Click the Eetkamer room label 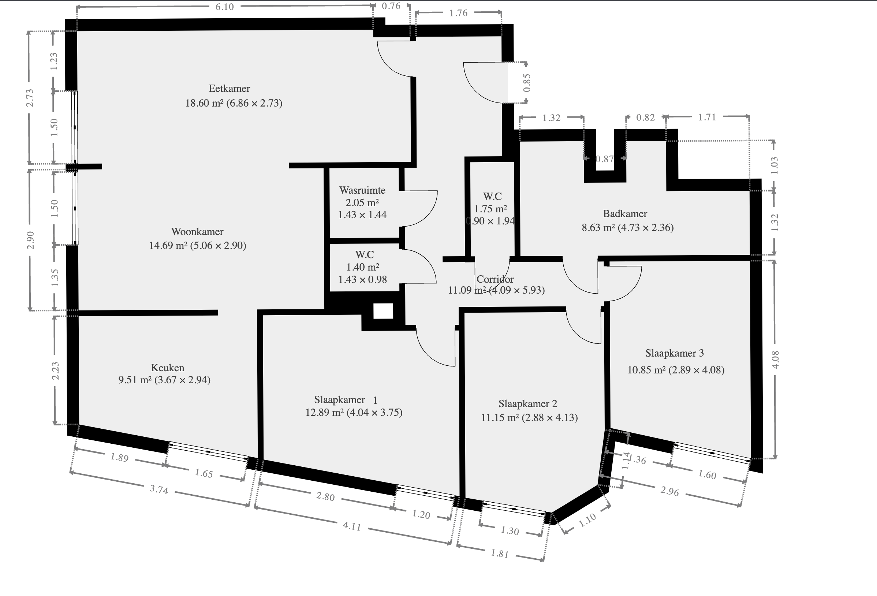[229, 89]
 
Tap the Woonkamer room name [197, 231]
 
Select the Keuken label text [168, 368]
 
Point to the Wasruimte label [362, 190]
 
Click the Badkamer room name [625, 214]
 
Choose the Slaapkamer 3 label [674, 353]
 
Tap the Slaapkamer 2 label [527, 404]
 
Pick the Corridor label [495, 279]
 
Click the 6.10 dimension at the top [224, 7]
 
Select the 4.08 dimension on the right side [776, 360]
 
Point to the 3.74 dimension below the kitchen [158, 489]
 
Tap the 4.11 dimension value [352, 526]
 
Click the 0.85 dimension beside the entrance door [527, 83]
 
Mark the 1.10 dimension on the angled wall [587, 520]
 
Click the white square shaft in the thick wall [383, 311]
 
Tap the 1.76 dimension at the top [458, 13]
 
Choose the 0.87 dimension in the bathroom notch [605, 159]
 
